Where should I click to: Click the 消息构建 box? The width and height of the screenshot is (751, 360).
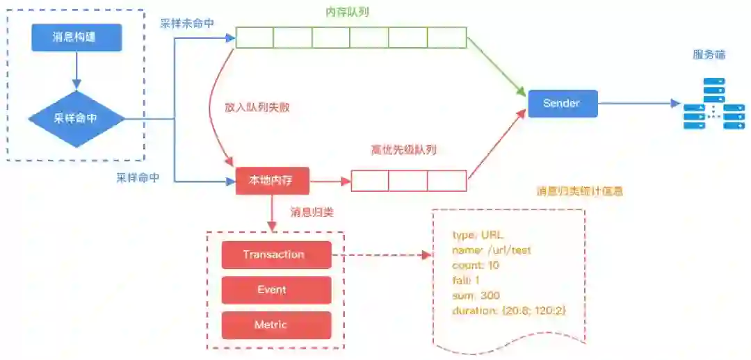point(76,38)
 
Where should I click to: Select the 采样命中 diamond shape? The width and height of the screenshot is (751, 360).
point(76,118)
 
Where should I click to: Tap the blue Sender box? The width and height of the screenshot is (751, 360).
point(561,104)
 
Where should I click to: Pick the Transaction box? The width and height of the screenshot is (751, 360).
point(275,254)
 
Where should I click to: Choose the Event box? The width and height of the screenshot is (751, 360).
point(275,290)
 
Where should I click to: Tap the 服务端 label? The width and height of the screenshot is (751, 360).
point(709,55)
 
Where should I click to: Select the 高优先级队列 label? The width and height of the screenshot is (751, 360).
point(404,149)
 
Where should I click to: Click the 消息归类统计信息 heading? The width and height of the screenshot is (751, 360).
point(579,190)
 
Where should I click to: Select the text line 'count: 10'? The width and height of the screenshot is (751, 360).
point(476,265)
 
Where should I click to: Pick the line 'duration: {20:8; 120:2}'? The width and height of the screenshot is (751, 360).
point(509,311)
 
